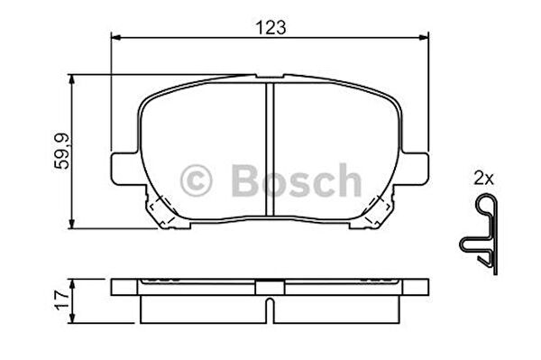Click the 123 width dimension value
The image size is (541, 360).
point(270,28)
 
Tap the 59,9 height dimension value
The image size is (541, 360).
point(62,152)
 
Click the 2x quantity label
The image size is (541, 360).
point(483,179)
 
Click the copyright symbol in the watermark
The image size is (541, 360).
point(196,180)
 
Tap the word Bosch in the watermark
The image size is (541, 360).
point(297,180)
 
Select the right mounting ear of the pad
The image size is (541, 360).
point(415,169)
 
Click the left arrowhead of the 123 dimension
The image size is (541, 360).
point(115,38)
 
